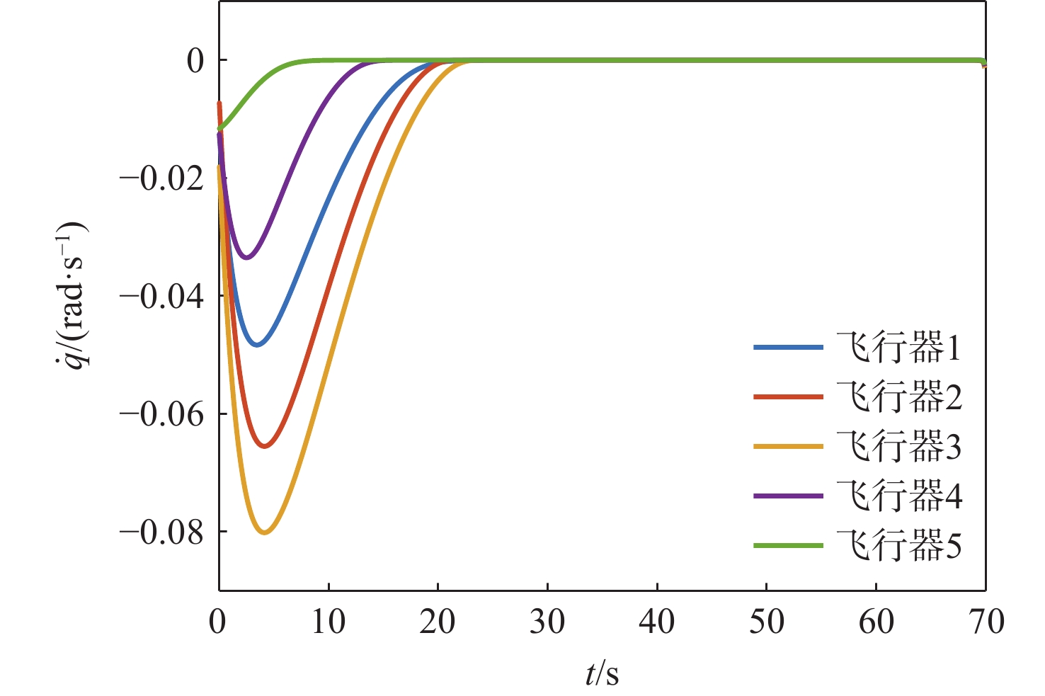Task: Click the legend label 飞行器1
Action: coord(898,348)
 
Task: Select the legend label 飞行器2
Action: coord(898,398)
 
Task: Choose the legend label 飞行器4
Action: coord(898,496)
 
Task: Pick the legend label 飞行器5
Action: coord(898,546)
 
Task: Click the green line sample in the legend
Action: coord(788,546)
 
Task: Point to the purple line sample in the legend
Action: coord(788,496)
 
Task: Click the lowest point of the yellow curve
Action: coord(265,532)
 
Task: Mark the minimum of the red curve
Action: coord(264,446)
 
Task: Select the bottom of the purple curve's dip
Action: coord(246,257)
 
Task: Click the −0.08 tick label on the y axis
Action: coord(162,532)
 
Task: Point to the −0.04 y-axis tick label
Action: coord(162,296)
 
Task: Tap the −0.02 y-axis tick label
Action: coord(162,178)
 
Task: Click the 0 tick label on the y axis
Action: coord(196,61)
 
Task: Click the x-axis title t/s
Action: coord(602,675)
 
